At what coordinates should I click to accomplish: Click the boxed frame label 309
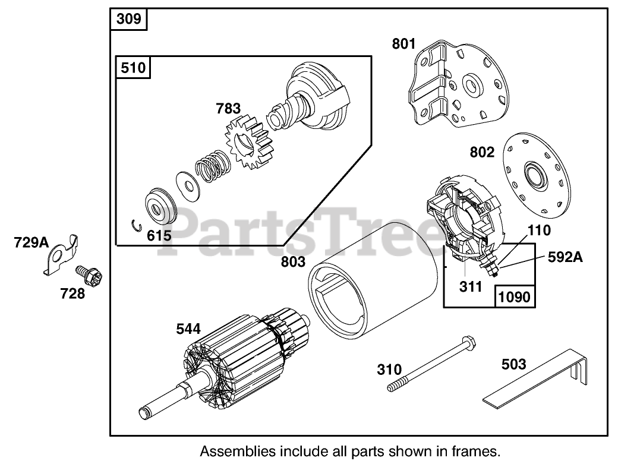[129, 19]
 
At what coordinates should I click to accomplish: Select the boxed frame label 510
[133, 68]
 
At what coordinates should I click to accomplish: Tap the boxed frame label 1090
[515, 296]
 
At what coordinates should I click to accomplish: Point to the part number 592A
[565, 257]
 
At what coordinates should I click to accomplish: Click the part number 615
[160, 235]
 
